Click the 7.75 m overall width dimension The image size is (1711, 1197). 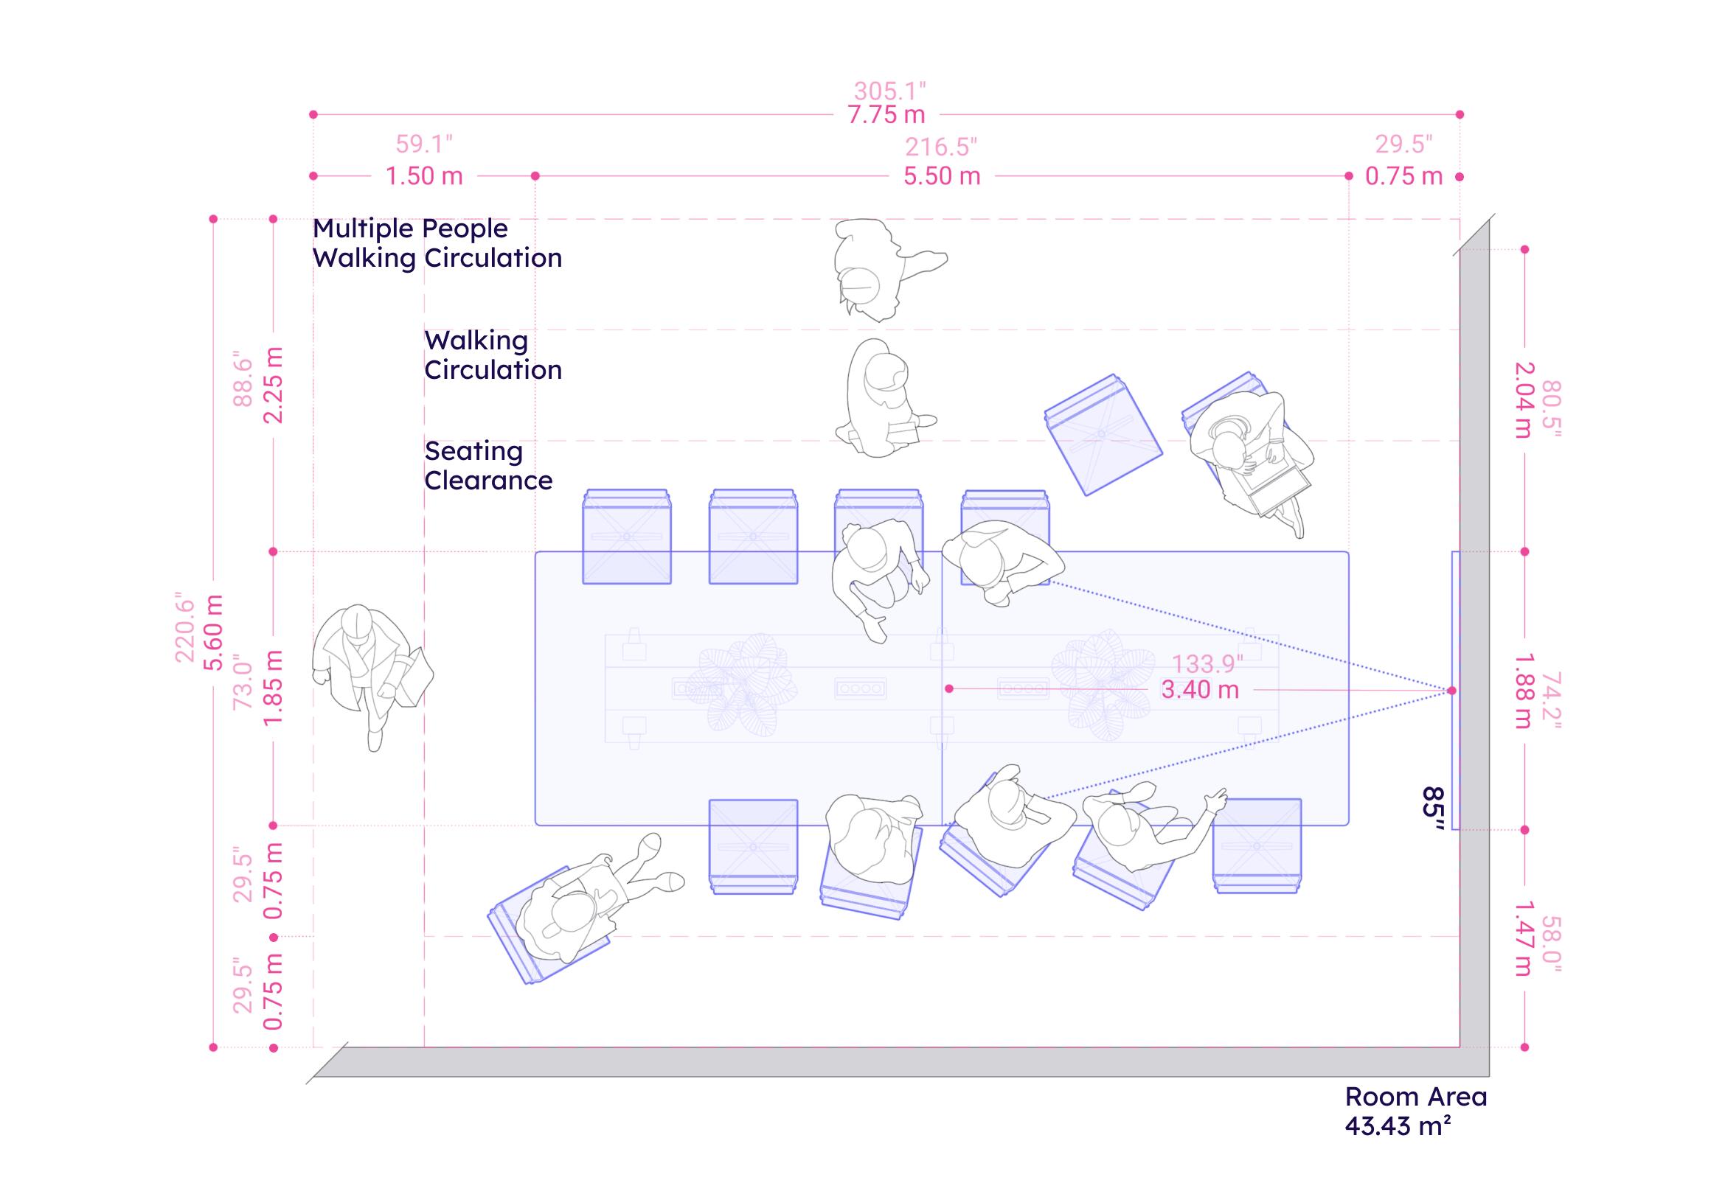pos(886,116)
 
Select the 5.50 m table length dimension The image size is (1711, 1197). pos(942,177)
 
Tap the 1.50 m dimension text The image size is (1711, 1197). pos(424,177)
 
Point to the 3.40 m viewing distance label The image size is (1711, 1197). pos(1200,689)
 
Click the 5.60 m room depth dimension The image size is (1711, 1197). pos(214,632)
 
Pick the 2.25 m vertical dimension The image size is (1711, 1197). pos(274,384)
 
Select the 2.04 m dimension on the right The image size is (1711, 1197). pos(1524,400)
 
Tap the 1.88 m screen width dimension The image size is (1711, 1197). pos(1524,691)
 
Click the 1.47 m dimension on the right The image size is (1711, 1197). pos(1524,938)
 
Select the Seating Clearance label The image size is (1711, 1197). pos(488,466)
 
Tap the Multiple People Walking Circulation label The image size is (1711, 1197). pos(437,242)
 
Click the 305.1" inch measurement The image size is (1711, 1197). pos(889,91)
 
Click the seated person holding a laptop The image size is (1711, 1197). pos(1249,462)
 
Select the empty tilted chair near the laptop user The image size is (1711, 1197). pos(1103,435)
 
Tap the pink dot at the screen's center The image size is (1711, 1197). pos(1451,691)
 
